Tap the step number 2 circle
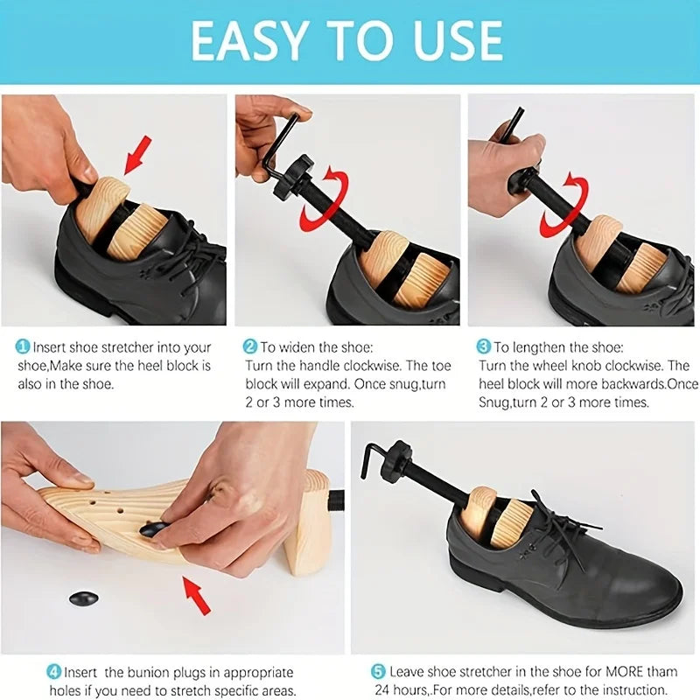tap(249, 346)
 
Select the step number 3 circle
tap(483, 346)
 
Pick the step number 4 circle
tap(53, 672)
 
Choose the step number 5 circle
tap(378, 672)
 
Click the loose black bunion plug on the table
tap(83, 598)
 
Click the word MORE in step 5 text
tap(615, 672)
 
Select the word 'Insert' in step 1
tap(52, 346)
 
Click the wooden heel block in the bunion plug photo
tap(307, 525)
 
